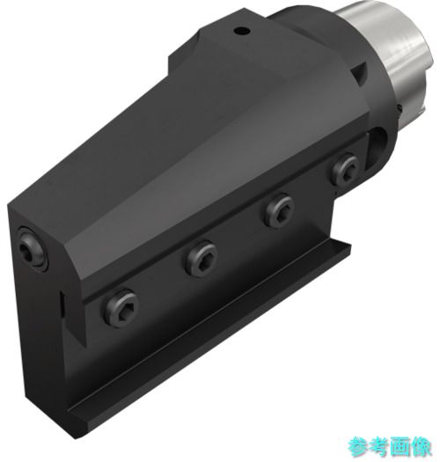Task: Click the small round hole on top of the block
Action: [x=242, y=30]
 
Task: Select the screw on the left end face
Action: [x=32, y=249]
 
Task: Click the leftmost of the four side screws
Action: [x=121, y=307]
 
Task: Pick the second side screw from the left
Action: [x=202, y=259]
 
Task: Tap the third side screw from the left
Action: [x=279, y=209]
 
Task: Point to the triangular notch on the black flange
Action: [x=360, y=72]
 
